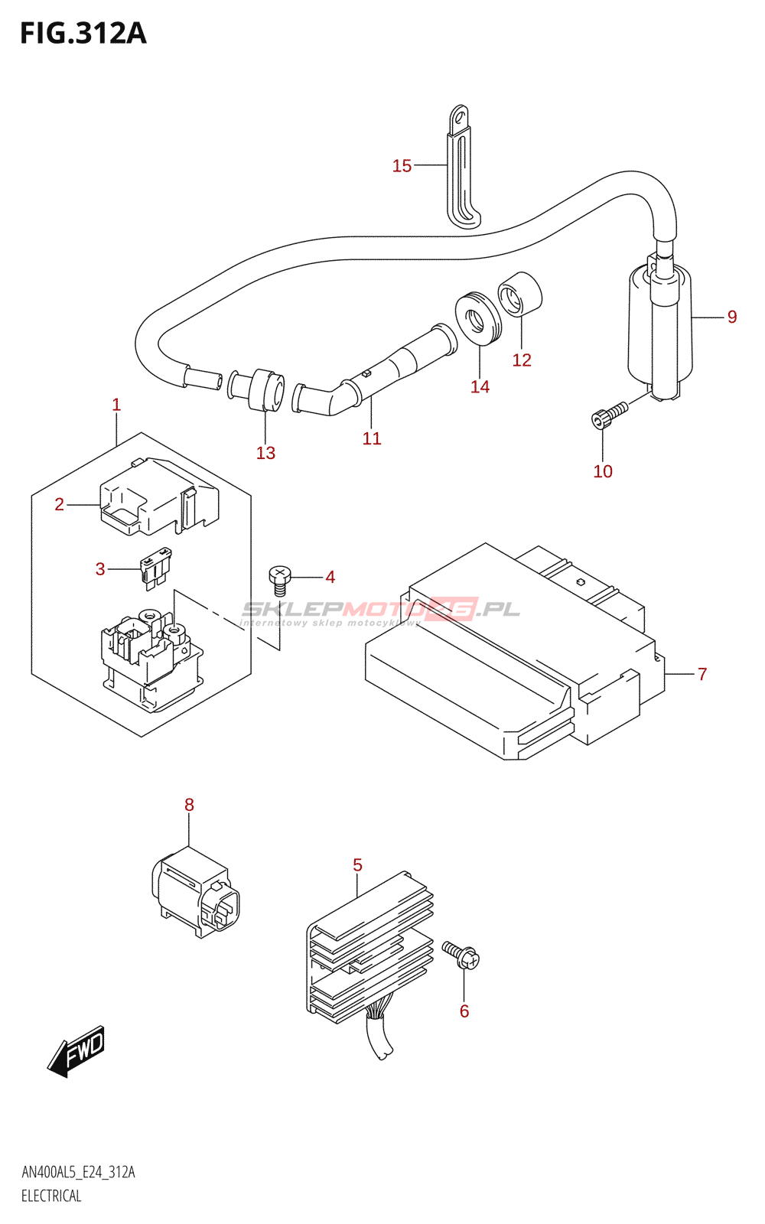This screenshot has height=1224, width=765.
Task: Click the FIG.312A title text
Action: [83, 34]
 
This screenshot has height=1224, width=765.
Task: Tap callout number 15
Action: [402, 166]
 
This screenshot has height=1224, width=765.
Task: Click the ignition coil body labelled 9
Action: [659, 329]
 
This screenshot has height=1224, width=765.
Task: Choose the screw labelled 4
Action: [280, 580]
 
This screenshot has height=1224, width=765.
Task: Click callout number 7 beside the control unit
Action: [702, 674]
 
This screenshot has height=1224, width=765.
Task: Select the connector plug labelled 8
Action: [196, 892]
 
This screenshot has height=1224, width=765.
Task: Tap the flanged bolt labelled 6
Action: [462, 955]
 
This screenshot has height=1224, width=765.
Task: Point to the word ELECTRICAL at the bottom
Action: [51, 1196]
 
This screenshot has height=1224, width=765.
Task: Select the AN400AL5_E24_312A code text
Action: [78, 1173]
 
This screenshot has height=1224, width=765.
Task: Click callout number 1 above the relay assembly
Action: [116, 405]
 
